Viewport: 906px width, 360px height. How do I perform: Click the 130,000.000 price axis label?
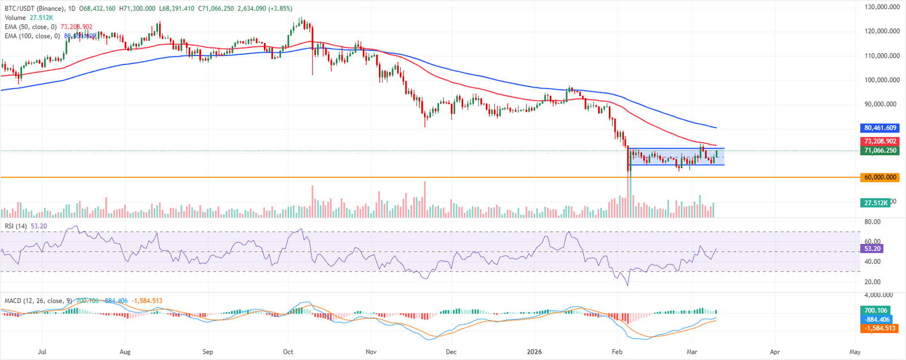(x=883, y=7)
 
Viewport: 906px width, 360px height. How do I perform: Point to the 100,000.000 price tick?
(x=883, y=80)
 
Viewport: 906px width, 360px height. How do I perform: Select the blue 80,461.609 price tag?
(x=880, y=128)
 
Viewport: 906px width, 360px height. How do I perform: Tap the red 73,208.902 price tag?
(x=880, y=141)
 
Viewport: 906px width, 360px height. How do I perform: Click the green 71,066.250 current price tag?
(x=880, y=151)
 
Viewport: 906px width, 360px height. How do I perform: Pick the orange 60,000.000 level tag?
(x=880, y=177)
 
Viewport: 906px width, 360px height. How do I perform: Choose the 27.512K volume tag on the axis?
(x=875, y=203)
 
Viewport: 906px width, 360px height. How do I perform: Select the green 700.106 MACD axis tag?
(x=875, y=310)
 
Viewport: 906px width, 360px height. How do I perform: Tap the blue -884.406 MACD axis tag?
(x=875, y=319)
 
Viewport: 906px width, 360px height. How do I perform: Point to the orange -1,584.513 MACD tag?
(x=879, y=328)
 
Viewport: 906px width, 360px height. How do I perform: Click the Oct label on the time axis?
(x=288, y=352)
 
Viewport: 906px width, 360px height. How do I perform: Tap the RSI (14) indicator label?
(x=16, y=226)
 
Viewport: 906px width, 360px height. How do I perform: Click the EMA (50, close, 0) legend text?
(x=31, y=27)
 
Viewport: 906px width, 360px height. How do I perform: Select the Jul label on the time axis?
(x=42, y=352)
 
